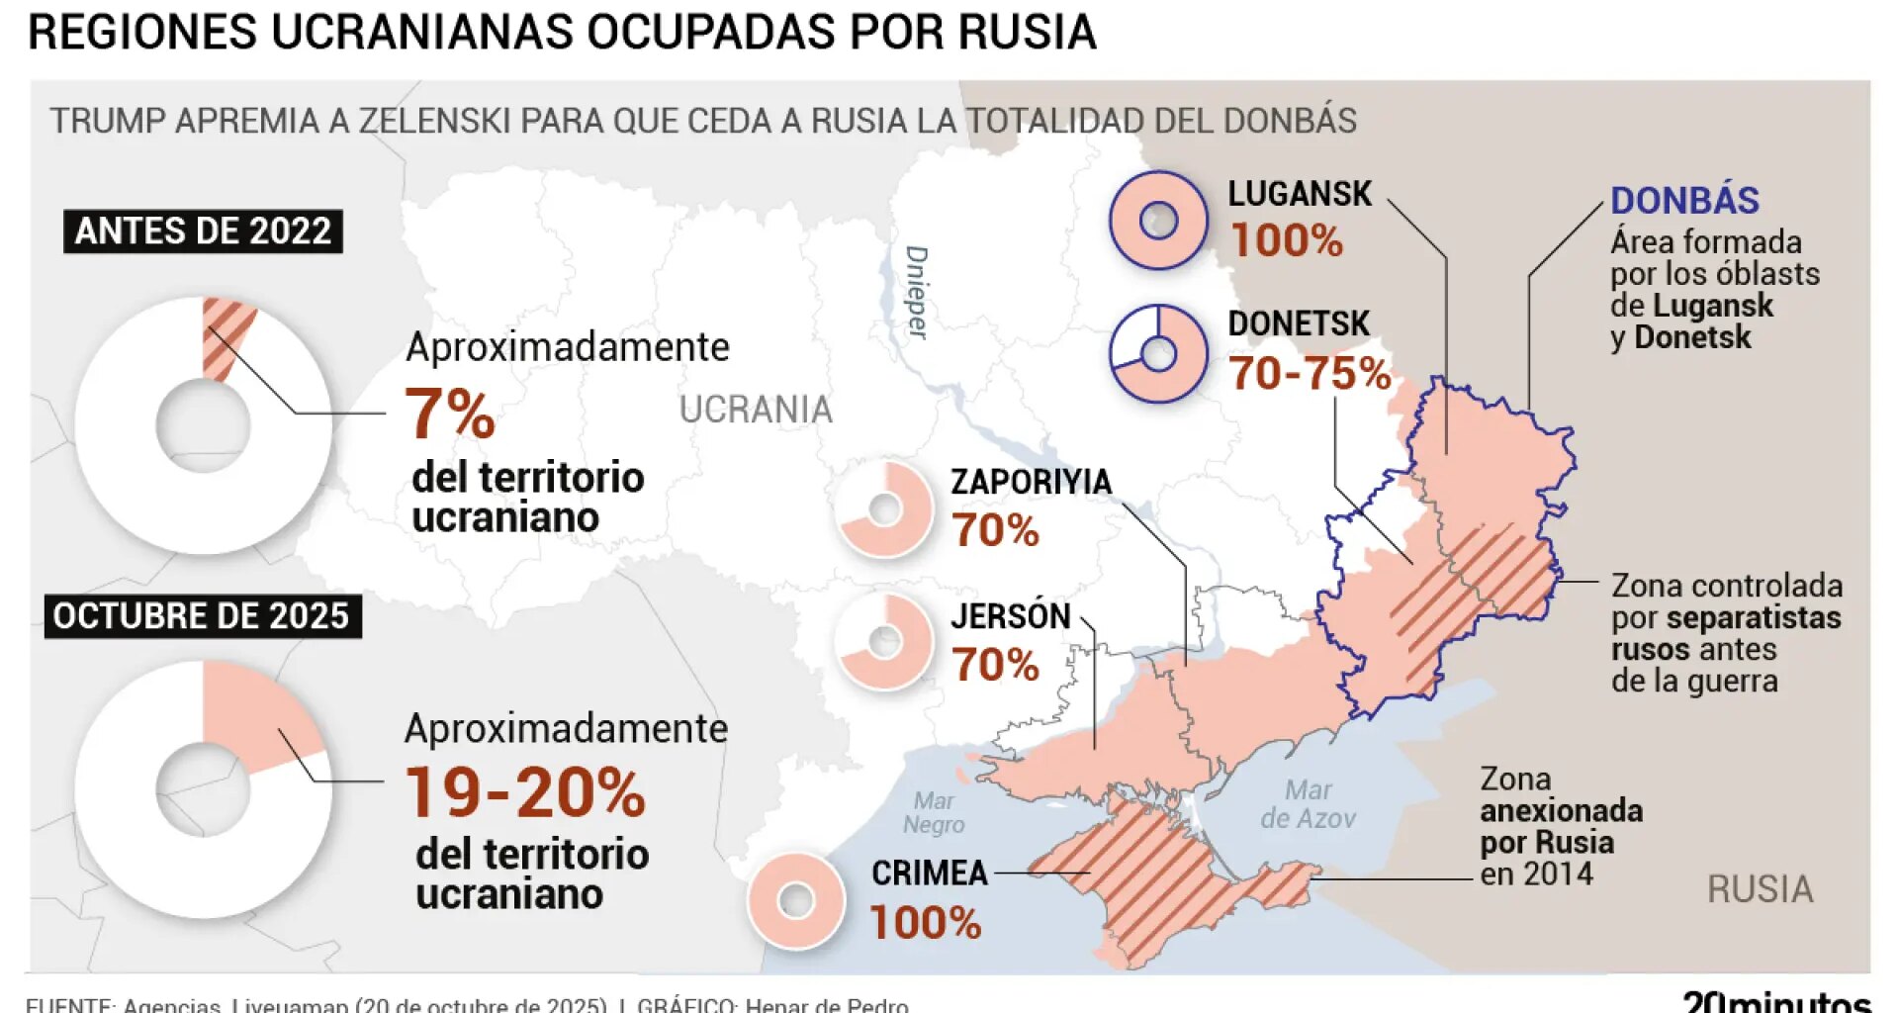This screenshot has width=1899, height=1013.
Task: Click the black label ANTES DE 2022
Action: [203, 230]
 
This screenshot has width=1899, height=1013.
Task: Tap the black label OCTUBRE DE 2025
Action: [202, 615]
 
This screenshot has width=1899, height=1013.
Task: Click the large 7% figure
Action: [450, 413]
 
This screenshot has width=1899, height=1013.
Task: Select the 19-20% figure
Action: [525, 792]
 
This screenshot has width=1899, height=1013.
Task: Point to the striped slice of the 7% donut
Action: [226, 336]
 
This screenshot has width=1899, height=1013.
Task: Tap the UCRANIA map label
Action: [756, 409]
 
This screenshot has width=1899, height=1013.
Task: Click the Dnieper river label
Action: [917, 293]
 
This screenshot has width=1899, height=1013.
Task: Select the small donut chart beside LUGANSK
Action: [1158, 220]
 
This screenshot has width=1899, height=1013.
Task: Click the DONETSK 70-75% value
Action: [1310, 373]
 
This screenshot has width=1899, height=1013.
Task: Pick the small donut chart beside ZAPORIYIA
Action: [884, 508]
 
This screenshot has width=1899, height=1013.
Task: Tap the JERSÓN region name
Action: [1010, 615]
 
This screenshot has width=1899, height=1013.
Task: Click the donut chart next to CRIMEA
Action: [796, 900]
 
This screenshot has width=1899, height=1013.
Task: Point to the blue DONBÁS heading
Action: [1684, 200]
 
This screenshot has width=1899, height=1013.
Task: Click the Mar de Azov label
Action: [1308, 803]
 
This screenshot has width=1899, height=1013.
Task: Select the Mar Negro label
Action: [933, 812]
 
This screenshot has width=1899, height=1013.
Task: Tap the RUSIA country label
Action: [1760, 888]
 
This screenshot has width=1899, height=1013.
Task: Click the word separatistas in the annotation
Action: [1754, 617]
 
